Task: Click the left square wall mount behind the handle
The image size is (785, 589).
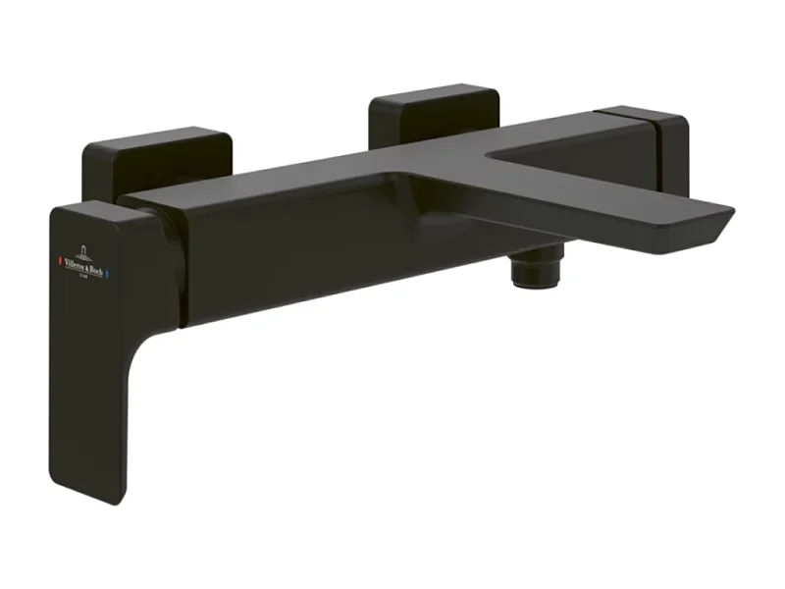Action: (x=157, y=157)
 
